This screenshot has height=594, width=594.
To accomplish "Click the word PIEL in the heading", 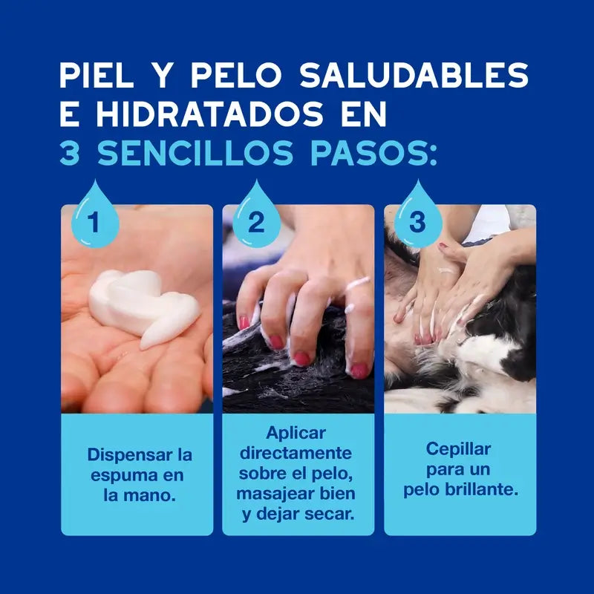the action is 97,75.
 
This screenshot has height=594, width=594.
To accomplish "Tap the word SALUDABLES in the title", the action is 414,75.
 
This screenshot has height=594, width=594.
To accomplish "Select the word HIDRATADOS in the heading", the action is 210,114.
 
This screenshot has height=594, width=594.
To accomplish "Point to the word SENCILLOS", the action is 195,153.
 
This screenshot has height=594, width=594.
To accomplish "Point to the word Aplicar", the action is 296,433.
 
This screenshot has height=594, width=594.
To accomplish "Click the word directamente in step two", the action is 296,453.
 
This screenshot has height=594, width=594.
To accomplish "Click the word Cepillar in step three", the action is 458,449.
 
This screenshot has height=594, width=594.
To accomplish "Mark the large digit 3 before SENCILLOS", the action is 70,153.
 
